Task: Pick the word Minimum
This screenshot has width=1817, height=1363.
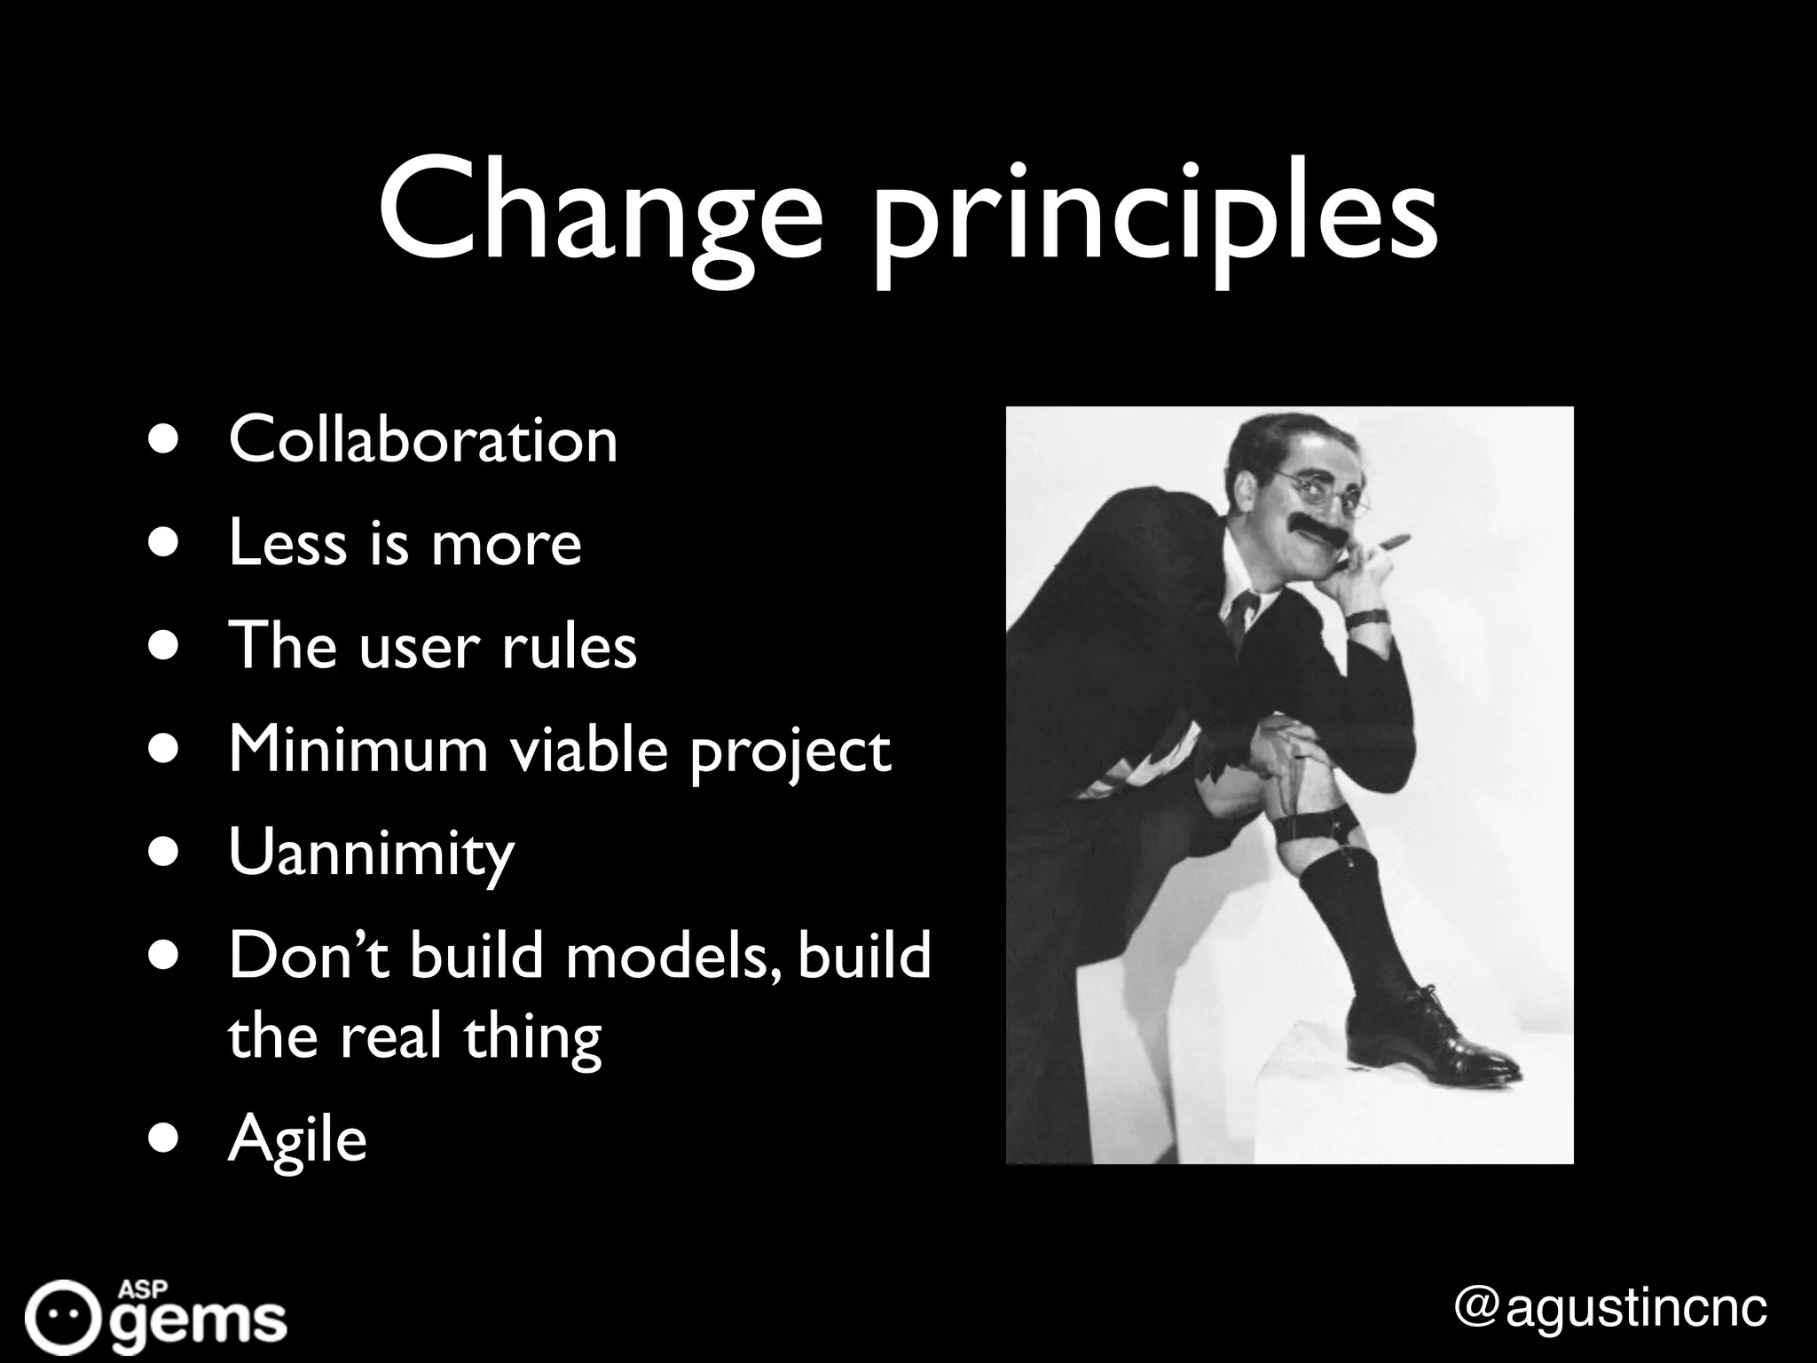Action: (x=358, y=749)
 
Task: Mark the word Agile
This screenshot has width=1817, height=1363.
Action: (x=297, y=1139)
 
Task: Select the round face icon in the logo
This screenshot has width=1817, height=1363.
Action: (x=60, y=1316)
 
